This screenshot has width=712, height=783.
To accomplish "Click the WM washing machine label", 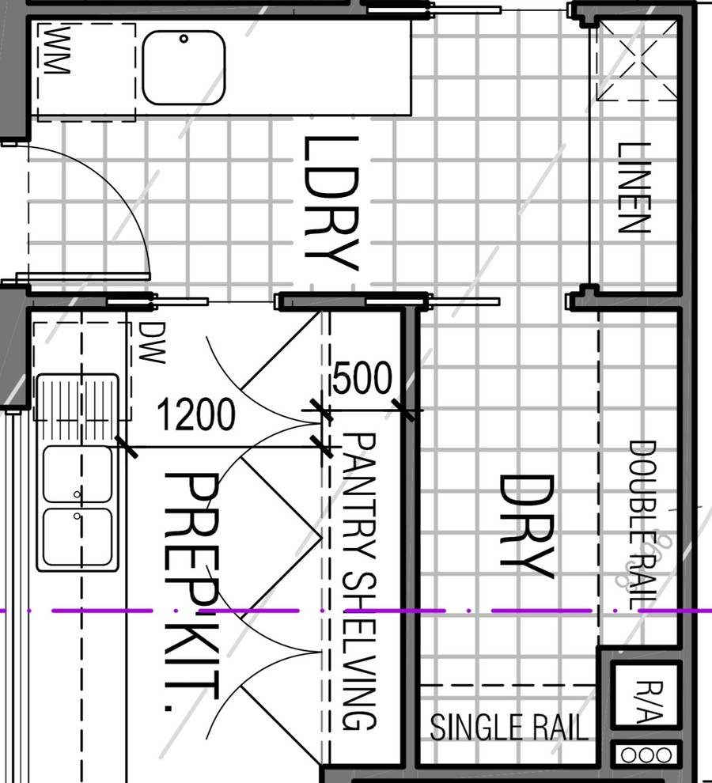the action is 56,51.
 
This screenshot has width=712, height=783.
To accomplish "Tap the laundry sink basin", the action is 184,68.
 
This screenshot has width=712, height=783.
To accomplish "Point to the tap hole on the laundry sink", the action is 184,39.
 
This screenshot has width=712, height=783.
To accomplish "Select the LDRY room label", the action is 331,204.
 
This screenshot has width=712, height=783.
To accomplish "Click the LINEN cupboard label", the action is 634,187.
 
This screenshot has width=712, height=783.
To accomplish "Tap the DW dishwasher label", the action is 151,342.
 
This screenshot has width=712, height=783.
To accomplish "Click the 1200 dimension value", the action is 196,414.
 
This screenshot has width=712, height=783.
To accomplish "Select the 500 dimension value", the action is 362,378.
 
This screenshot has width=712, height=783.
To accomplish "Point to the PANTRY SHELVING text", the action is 359,582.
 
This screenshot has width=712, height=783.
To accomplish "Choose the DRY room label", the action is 527,527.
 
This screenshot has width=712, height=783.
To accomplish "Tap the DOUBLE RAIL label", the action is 642,525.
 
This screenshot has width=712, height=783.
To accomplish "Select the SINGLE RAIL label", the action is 509,727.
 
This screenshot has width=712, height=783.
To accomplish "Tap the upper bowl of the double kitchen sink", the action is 78,474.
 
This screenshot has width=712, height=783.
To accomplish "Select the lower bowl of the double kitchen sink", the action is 78,536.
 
